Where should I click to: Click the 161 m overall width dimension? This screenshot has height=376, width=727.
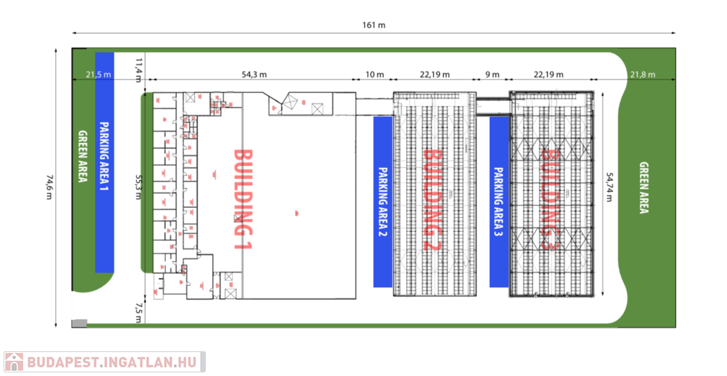(373, 26)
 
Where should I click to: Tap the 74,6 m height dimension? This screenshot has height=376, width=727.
(49, 187)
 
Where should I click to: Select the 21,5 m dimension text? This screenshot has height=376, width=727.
(99, 74)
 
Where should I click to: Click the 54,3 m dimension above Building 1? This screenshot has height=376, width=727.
(254, 74)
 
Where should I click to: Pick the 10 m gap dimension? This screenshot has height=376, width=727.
(374, 74)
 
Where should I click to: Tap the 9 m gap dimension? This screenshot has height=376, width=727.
(492, 74)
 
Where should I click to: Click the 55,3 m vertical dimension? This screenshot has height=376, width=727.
(139, 186)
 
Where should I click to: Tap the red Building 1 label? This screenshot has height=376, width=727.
(243, 199)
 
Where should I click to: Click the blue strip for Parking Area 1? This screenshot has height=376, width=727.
(105, 162)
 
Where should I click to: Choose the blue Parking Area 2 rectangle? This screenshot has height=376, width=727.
(383, 201)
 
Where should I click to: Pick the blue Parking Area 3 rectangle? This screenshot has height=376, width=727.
(499, 201)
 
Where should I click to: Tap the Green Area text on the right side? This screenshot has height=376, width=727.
(644, 188)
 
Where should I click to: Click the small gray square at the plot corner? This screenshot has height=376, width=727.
(80, 324)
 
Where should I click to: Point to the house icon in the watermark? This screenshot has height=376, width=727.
(13, 362)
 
